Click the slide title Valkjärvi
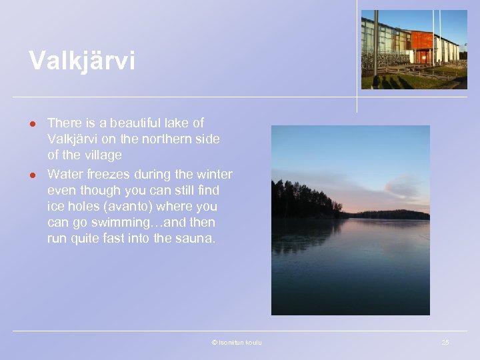81,61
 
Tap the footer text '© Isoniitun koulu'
237,342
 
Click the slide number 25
445,342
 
